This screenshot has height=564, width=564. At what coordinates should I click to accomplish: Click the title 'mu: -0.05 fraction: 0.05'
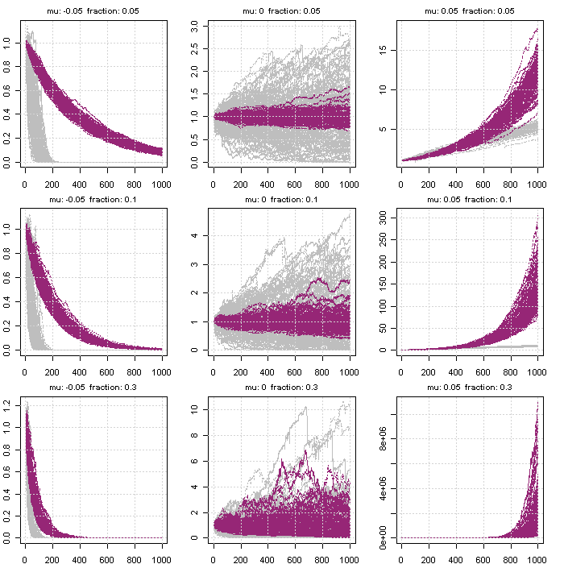[x=93, y=9]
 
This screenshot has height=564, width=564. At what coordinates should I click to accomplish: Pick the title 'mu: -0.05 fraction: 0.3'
[x=93, y=388]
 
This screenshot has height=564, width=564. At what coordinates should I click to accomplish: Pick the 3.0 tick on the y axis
[x=196, y=27]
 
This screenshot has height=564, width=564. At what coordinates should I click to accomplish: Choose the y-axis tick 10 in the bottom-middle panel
[x=196, y=409]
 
